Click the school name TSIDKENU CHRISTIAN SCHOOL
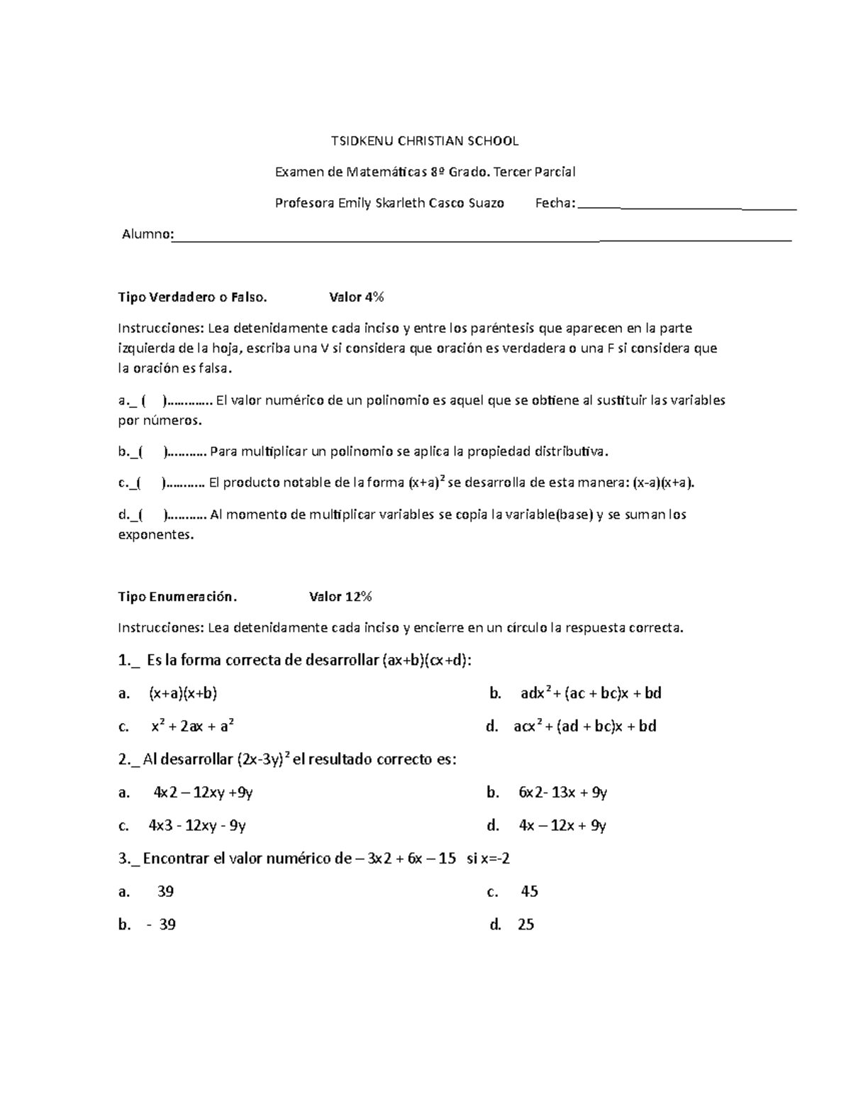click(425, 141)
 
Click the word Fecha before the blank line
click(554, 204)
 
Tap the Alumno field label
click(146, 234)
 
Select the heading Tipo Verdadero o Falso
click(192, 297)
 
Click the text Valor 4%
click(356, 297)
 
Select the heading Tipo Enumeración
click(177, 597)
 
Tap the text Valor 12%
click(340, 597)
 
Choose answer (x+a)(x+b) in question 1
click(182, 693)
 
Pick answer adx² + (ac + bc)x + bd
click(590, 693)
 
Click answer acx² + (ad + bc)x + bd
click(584, 726)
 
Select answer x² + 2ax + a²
click(192, 726)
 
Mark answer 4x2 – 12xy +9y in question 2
click(203, 793)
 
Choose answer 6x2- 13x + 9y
click(562, 793)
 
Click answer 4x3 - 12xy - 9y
click(196, 825)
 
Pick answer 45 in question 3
click(529, 891)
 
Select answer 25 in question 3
click(525, 925)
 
